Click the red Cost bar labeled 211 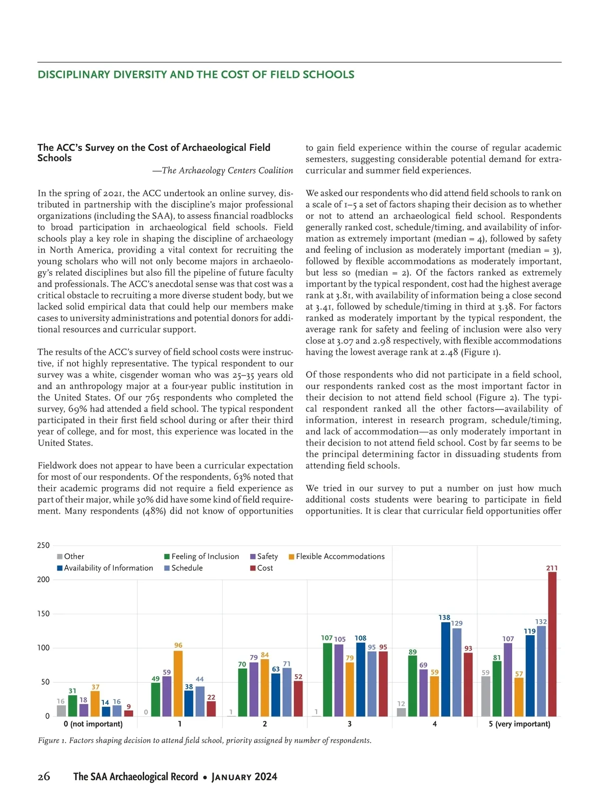click(x=552, y=644)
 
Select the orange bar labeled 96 click(x=178, y=683)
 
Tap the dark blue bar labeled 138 click(x=445, y=669)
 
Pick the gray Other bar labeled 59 click(x=486, y=696)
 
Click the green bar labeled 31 click(x=72, y=706)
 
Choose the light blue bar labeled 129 click(x=457, y=672)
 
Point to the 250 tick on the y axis click(x=43, y=545)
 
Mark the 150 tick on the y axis click(x=43, y=614)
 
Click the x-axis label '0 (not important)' click(x=93, y=724)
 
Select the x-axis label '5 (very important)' click(x=520, y=724)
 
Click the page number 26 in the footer click(x=44, y=777)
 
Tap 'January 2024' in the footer click(x=245, y=777)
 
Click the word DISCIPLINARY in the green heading click(x=74, y=75)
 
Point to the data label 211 click(x=552, y=568)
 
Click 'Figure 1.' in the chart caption click(x=52, y=740)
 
